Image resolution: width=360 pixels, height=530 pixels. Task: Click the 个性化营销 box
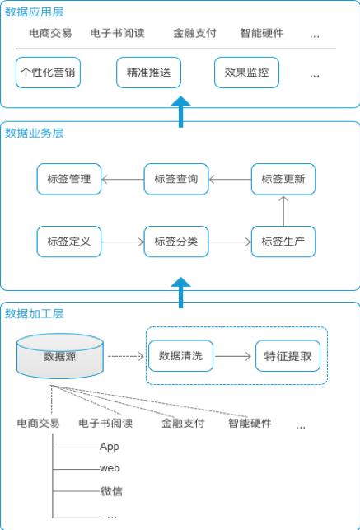[48, 73]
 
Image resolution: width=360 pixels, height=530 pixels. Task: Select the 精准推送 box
[148, 73]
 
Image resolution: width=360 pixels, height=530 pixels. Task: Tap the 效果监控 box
[246, 73]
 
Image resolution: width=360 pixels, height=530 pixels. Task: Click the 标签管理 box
[69, 179]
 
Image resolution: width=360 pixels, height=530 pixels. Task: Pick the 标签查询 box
[176, 179]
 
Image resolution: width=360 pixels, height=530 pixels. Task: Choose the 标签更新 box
[283, 179]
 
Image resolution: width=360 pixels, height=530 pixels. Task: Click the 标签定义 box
[69, 242]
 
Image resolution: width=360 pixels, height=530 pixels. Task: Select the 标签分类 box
[176, 242]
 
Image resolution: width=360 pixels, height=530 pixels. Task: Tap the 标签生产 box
[283, 242]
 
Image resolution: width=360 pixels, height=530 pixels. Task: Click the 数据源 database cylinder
[60, 356]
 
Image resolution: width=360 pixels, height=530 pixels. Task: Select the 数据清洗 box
[180, 356]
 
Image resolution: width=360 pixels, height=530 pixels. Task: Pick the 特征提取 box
[288, 356]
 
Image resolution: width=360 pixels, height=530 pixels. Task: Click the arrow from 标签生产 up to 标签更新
[283, 211]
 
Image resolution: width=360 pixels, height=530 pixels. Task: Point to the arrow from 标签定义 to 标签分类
[123, 242]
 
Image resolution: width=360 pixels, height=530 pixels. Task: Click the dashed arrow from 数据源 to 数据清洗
[125, 356]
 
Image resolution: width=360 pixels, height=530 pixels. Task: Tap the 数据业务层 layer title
[35, 133]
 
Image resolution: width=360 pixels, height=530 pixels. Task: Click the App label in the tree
[110, 447]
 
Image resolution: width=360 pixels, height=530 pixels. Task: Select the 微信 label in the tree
[111, 491]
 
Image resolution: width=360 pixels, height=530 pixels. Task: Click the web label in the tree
[110, 468]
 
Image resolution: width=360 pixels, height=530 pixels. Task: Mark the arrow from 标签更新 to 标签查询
[230, 179]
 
